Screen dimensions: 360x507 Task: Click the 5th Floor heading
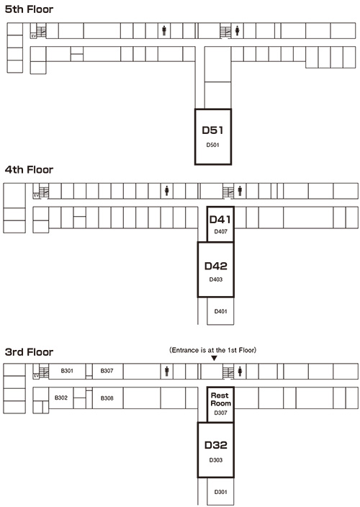pos(29,9)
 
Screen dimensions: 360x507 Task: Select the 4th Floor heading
pos(29,169)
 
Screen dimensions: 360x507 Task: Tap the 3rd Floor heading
pos(29,351)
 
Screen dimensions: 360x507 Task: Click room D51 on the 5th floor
pos(213,137)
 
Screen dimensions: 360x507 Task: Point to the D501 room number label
pos(212,145)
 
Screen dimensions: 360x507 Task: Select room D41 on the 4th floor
pos(220,224)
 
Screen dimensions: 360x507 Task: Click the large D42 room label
pos(215,266)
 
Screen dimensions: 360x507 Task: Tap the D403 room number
pos(215,279)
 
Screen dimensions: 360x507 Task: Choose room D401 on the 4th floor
pos(220,311)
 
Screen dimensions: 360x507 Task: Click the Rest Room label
pos(220,399)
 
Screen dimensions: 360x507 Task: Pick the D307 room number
pos(220,413)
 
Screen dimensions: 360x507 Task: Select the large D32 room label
pos(215,445)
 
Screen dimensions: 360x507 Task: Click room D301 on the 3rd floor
pos(220,491)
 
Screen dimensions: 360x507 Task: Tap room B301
pos(67,371)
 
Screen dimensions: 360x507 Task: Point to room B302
pos(61,398)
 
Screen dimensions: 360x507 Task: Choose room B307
pos(107,371)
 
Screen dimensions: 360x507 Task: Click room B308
pos(107,398)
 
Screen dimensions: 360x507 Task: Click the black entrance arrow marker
pos(214,358)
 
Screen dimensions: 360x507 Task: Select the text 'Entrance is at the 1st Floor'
pos(213,350)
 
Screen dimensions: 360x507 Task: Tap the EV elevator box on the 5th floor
pos(33,36)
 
